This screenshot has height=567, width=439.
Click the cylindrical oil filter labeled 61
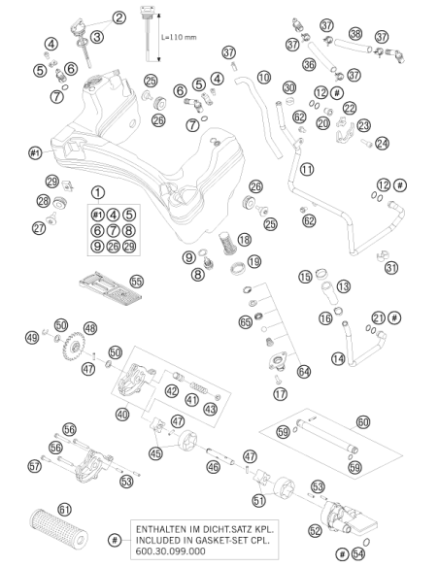pyautogui.click(x=58, y=532)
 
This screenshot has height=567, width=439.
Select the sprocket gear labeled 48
pyautogui.click(x=74, y=348)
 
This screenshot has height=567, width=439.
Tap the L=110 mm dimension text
pyautogui.click(x=179, y=37)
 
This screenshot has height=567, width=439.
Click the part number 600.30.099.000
pyautogui.click(x=170, y=551)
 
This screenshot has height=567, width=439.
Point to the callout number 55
pyautogui.click(x=137, y=282)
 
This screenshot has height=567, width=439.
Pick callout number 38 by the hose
pyautogui.click(x=355, y=34)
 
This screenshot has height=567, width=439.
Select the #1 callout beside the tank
pyautogui.click(x=35, y=153)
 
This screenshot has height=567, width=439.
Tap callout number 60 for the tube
pyautogui.click(x=363, y=422)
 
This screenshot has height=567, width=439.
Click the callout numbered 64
pyautogui.click(x=304, y=372)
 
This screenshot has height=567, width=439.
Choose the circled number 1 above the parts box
pyautogui.click(x=98, y=192)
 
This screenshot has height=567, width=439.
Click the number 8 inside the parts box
pyautogui.click(x=129, y=230)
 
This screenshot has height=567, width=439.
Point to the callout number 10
pyautogui.click(x=264, y=77)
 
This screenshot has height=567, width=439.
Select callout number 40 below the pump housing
pyautogui.click(x=122, y=414)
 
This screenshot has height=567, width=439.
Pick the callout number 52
pyautogui.click(x=316, y=530)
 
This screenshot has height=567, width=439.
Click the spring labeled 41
pyautogui.click(x=198, y=387)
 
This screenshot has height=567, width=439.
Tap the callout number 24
pyautogui.click(x=382, y=143)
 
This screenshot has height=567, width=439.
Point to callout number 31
pyautogui.click(x=391, y=268)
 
